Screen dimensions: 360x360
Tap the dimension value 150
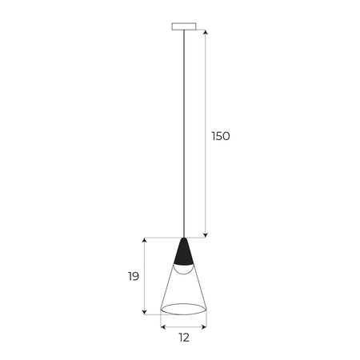pos(220,136)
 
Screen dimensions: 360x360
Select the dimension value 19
pos(133,277)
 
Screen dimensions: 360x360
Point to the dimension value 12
pos(183,338)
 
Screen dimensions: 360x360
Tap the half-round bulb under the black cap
pos(184,270)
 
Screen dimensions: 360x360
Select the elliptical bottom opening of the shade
pos(184,309)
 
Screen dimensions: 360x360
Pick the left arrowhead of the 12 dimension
pos(163,326)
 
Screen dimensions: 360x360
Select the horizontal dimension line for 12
pos(184,326)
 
